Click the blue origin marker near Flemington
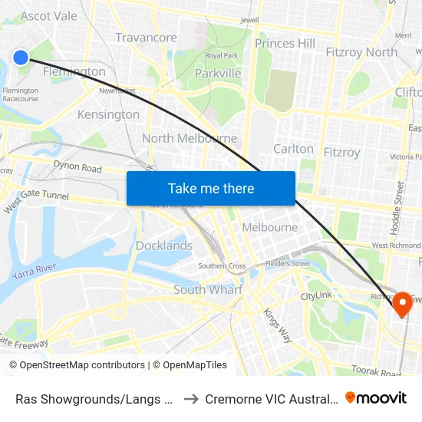[x=21, y=57]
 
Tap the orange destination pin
[x=402, y=305]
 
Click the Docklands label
[x=164, y=246]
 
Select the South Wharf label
[x=208, y=290]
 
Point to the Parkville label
[x=218, y=74]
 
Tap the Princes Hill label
[x=285, y=44]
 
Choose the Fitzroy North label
[x=361, y=52]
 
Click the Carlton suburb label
[x=293, y=149]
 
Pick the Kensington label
[x=108, y=115]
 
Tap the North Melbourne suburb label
[x=190, y=139]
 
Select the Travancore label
[x=146, y=38]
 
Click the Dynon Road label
[x=77, y=166]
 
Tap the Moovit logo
[x=376, y=397]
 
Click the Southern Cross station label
[x=222, y=266]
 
